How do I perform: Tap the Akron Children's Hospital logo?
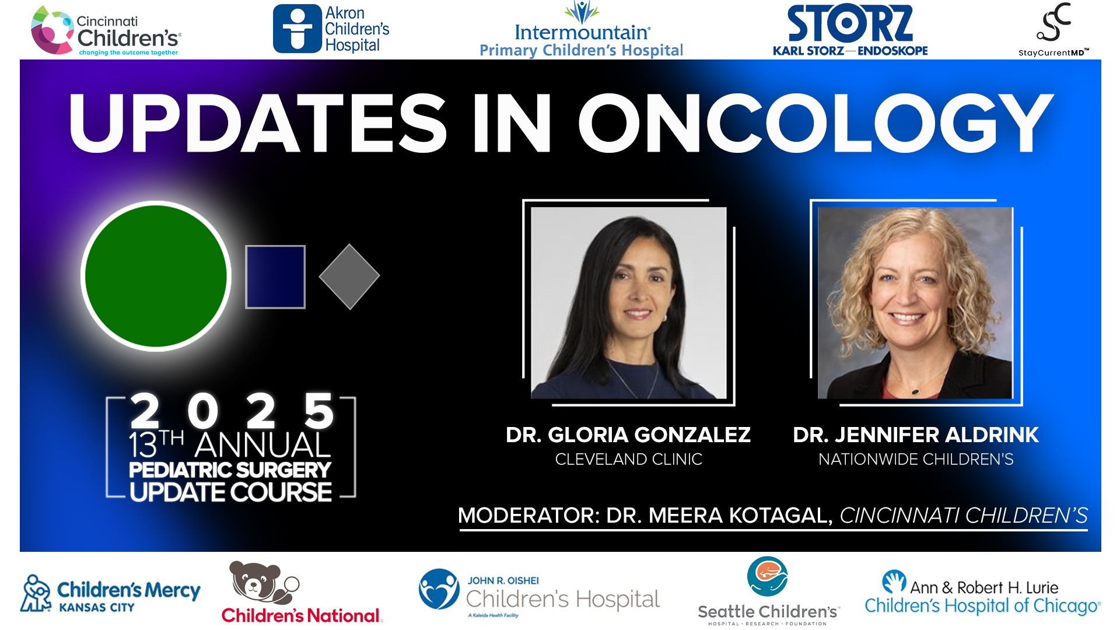[x=331, y=29]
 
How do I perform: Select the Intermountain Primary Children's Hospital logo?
[x=581, y=30]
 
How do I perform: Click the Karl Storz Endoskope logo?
[x=850, y=30]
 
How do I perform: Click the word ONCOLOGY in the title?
[x=815, y=124]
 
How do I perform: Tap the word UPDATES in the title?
[x=258, y=124]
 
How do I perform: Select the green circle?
[x=156, y=276]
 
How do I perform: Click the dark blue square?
[x=275, y=276]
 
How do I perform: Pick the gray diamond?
[x=349, y=276]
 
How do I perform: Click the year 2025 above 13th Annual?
[x=231, y=411]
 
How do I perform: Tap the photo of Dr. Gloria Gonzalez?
[x=628, y=303]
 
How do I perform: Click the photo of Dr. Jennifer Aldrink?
[x=915, y=303]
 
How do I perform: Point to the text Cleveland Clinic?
[x=628, y=460]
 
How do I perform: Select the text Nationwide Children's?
[x=915, y=460]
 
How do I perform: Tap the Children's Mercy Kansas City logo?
[x=110, y=594]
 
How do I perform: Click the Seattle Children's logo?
[x=768, y=591]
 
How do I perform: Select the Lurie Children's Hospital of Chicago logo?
[x=982, y=594]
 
